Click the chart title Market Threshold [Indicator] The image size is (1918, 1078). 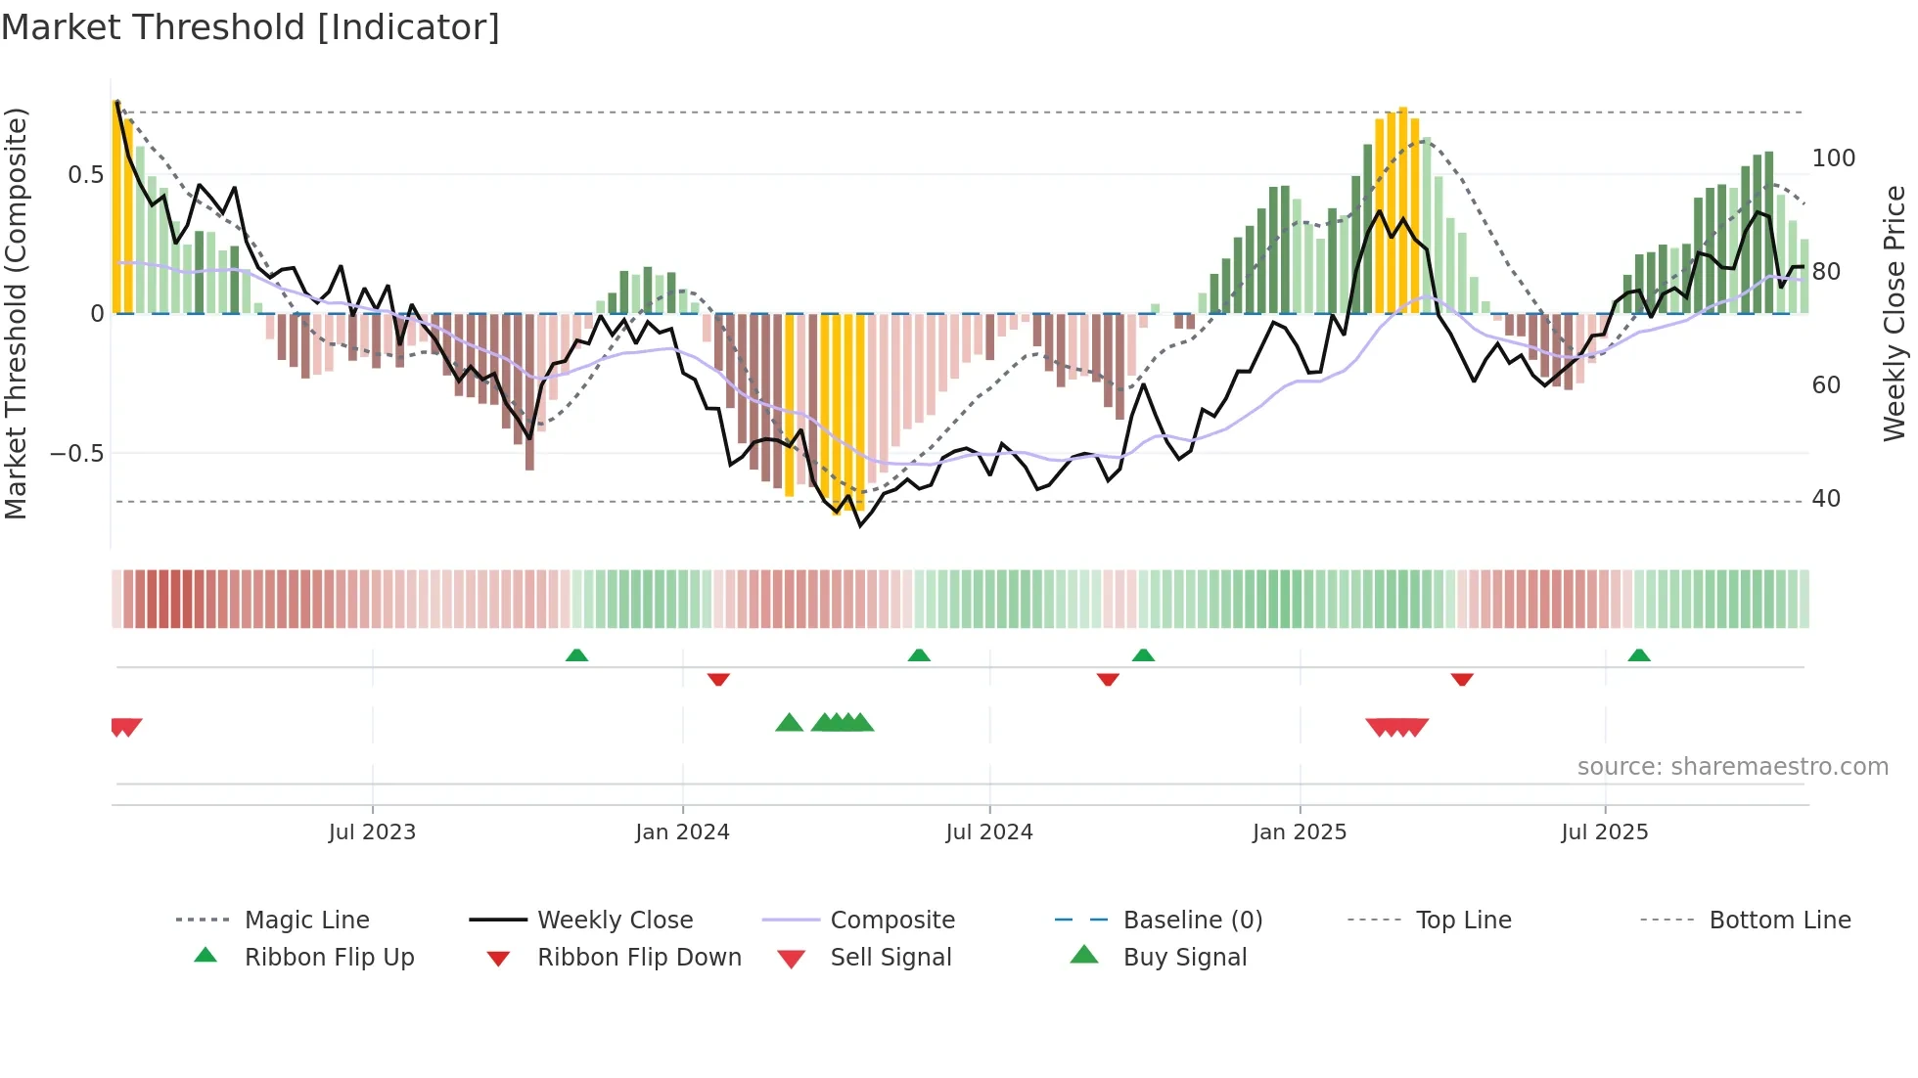[251, 27]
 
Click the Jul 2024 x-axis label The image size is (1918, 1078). [989, 832]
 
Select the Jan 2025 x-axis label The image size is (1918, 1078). [1300, 832]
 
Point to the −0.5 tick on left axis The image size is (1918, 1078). [77, 454]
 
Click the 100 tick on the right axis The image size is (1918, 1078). [1833, 158]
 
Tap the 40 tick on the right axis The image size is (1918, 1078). [1826, 499]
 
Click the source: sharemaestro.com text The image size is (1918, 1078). [1732, 767]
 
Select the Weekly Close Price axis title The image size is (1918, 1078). [1895, 313]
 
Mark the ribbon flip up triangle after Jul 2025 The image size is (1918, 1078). [1639, 655]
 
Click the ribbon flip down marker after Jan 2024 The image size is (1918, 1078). [718, 679]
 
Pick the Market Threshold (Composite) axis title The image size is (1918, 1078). [16, 313]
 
